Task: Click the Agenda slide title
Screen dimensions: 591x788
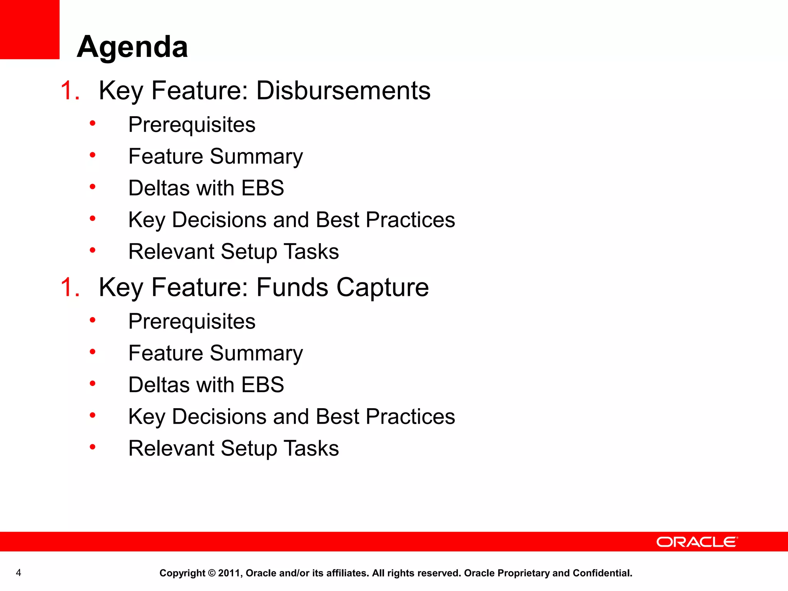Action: [132, 47]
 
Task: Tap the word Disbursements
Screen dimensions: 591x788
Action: [343, 91]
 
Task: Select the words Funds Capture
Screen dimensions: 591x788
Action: [342, 287]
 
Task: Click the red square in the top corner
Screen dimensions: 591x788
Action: [30, 29]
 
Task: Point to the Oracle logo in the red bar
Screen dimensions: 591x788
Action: [697, 542]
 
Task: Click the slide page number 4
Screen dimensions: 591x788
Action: [18, 573]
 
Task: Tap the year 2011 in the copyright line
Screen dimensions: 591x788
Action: [230, 573]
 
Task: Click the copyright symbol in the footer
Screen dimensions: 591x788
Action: [212, 573]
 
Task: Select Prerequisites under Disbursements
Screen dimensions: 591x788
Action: [192, 125]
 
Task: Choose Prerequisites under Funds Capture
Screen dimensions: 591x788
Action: [192, 321]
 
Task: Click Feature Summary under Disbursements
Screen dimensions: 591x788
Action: [215, 157]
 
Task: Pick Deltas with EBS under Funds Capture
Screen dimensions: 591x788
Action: [206, 385]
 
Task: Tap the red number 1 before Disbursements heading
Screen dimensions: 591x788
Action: [69, 91]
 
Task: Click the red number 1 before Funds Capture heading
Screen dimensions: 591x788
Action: [69, 287]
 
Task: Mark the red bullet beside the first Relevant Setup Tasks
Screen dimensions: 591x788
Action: [92, 250]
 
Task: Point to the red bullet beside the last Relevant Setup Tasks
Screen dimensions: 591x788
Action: [92, 447]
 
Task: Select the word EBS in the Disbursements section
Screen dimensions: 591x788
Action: [262, 188]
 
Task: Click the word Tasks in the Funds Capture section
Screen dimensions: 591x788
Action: [311, 448]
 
